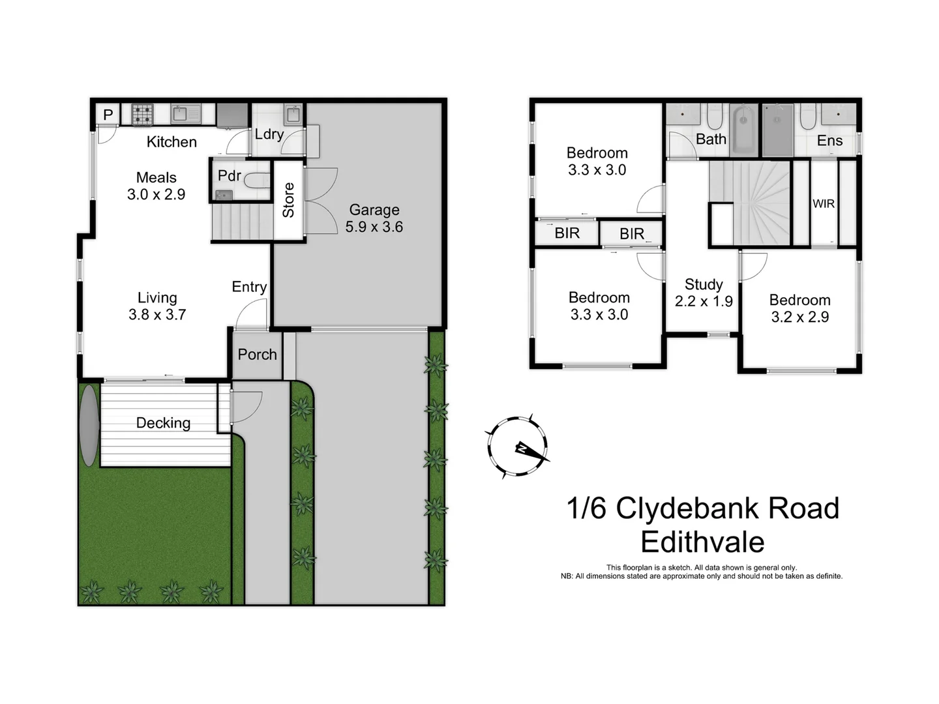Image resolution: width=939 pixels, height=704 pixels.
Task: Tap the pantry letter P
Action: point(108,115)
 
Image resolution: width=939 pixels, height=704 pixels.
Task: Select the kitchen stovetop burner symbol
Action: point(142,115)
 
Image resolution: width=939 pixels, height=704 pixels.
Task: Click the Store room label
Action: point(288,200)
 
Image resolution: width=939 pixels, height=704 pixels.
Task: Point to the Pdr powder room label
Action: point(229,176)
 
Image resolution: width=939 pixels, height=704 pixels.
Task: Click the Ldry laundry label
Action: point(269,134)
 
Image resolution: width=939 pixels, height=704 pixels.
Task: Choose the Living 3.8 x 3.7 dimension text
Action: point(157,315)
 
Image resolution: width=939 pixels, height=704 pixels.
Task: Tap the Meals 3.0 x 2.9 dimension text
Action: point(156,194)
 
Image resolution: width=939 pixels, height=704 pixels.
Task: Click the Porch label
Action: point(257,355)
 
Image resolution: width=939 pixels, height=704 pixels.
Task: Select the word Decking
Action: point(163,423)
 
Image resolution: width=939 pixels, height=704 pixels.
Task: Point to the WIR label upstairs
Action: point(824,204)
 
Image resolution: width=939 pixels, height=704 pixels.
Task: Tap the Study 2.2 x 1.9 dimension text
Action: point(704,301)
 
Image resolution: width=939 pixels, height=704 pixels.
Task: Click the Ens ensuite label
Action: point(829,141)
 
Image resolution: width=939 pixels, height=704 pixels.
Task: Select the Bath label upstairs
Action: point(711,139)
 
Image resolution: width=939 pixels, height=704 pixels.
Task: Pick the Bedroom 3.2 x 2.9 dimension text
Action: point(800,317)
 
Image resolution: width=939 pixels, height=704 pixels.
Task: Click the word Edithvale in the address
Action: point(702,542)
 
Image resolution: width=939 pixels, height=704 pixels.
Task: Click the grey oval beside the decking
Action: point(89,425)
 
